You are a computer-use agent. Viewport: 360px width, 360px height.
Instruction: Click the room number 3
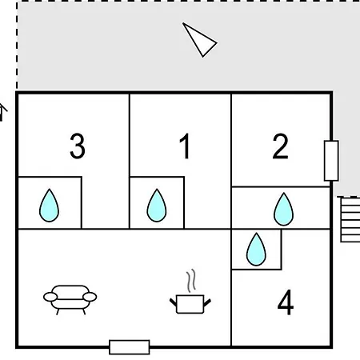[78, 146]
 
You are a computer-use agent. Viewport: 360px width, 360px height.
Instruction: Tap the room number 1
[185, 146]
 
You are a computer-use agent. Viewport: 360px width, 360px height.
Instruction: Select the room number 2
[280, 146]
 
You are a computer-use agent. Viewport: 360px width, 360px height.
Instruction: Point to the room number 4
[286, 302]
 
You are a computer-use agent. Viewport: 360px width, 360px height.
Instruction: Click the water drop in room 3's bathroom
[49, 206]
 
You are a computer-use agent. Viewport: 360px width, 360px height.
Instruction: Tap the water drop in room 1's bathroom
[157, 206]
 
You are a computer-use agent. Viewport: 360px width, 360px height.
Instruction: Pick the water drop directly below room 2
[283, 210]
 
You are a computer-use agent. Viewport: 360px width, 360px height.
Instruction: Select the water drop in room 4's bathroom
[256, 250]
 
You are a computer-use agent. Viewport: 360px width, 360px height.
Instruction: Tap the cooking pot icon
[190, 304]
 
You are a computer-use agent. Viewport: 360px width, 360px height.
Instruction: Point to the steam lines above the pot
[191, 281]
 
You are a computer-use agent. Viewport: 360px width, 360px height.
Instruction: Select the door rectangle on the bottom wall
[130, 347]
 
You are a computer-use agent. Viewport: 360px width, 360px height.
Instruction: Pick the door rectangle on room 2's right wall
[331, 161]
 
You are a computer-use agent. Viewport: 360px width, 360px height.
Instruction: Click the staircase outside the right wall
[350, 219]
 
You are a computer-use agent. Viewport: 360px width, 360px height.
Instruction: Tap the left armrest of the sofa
[50, 297]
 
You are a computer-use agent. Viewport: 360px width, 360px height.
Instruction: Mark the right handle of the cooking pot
[207, 302]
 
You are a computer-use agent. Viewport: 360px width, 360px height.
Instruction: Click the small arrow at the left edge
[2, 112]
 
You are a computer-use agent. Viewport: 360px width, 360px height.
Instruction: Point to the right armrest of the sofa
[90, 297]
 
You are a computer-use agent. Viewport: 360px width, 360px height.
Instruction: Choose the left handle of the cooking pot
[174, 302]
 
